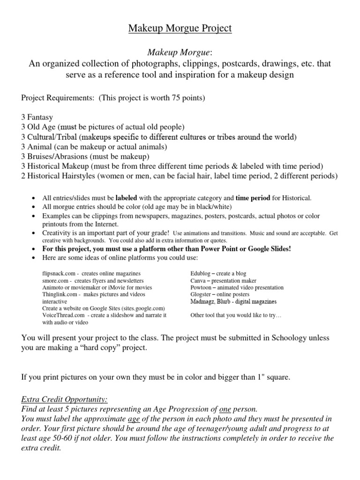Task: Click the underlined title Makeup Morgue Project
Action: coord(180,29)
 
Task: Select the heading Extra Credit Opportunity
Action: coord(65,399)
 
